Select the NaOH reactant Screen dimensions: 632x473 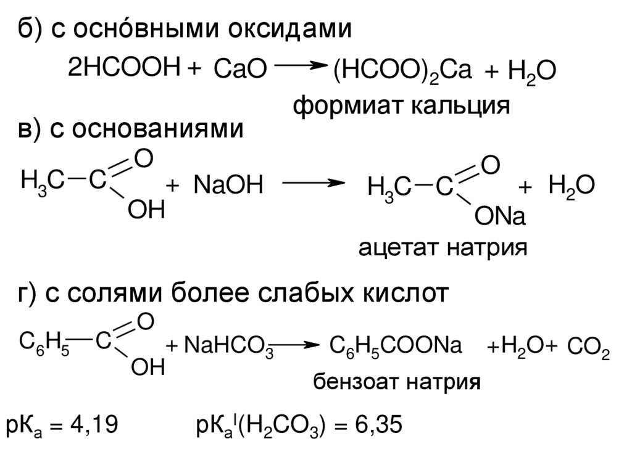coord(228,184)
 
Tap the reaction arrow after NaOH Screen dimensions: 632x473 coord(312,183)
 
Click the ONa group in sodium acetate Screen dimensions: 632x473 coord(499,218)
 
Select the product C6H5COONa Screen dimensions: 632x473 coord(396,346)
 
